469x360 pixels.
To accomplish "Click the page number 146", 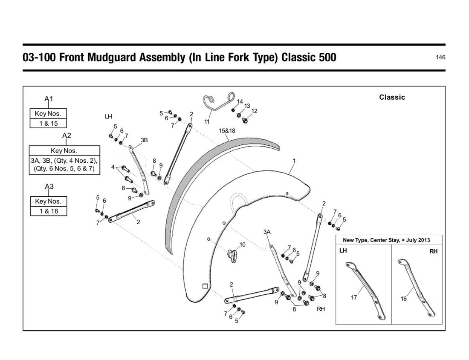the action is click(440, 58).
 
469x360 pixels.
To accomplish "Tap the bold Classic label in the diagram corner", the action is click(392, 98).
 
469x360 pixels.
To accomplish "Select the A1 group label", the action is click(49, 98).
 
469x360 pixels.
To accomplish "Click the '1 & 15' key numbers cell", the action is click(49, 124).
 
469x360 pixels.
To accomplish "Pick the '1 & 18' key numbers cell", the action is click(49, 211).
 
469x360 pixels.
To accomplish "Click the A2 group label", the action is click(67, 135).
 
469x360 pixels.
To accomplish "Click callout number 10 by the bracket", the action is click(242, 245).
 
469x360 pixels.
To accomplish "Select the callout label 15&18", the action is click(227, 131).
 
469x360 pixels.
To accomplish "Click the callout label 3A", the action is click(267, 232).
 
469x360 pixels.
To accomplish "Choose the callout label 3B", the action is click(144, 140).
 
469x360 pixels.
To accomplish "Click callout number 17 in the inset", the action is click(354, 297).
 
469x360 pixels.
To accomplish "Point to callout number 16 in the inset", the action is click(403, 299).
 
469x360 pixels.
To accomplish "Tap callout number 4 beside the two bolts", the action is click(113, 167).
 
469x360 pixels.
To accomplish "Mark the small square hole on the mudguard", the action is click(205, 286).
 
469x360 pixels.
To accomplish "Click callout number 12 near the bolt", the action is click(254, 111).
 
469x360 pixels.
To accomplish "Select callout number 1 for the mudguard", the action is click(294, 161).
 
